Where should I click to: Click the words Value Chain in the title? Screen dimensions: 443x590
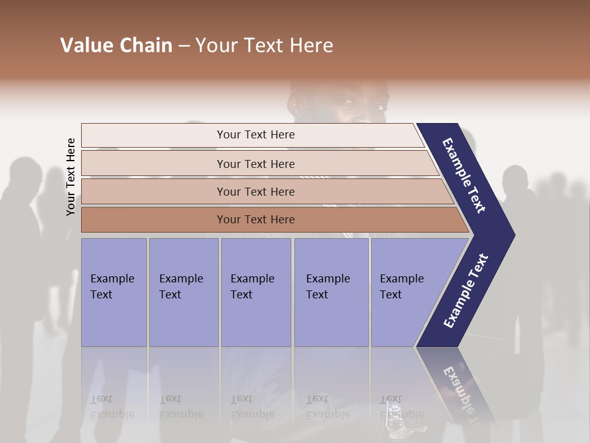tap(116, 46)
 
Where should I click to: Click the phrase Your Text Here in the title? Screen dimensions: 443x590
tap(264, 46)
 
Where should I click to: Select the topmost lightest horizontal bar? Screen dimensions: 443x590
tap(255, 135)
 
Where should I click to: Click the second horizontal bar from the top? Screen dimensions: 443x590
tap(256, 164)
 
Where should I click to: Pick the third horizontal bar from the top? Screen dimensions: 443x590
tap(256, 191)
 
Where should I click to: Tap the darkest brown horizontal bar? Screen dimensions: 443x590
tap(256, 220)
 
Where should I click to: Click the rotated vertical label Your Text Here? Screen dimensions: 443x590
tap(71, 177)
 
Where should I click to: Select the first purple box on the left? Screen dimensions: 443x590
tap(114, 292)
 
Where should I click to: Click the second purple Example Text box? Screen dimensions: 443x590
tap(183, 292)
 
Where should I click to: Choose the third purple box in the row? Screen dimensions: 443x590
tap(256, 292)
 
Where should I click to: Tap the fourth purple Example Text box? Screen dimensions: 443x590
tap(331, 292)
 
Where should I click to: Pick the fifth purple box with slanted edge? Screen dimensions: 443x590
tap(406, 292)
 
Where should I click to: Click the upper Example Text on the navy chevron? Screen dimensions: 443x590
tap(464, 175)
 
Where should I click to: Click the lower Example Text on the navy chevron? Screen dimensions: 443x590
tap(466, 290)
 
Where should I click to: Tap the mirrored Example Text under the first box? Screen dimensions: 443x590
tap(112, 407)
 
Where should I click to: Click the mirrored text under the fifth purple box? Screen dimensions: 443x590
tap(401, 407)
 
